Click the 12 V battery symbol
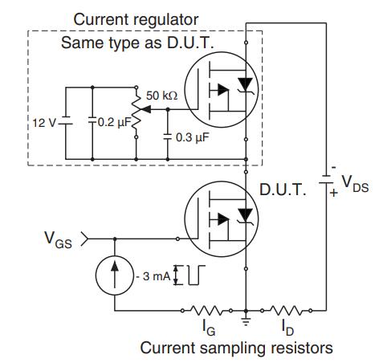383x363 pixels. click(x=66, y=120)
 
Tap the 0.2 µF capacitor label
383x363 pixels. click(x=115, y=122)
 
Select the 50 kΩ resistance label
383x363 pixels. click(x=161, y=96)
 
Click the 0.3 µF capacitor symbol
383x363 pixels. click(x=168, y=137)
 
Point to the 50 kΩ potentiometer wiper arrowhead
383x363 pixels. click(x=146, y=109)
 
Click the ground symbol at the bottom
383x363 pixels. click(x=246, y=321)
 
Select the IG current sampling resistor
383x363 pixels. click(x=206, y=311)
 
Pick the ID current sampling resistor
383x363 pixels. click(x=287, y=311)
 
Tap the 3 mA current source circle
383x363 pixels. click(x=115, y=275)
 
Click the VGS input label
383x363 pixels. click(x=59, y=240)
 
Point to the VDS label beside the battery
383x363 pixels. click(x=356, y=184)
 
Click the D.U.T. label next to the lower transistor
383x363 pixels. click(x=283, y=190)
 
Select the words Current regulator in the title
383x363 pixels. click(x=136, y=19)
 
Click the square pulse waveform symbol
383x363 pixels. click(x=197, y=275)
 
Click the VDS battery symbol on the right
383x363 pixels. click(x=326, y=180)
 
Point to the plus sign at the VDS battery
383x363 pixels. click(x=333, y=192)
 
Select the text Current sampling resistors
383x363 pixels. click(x=237, y=348)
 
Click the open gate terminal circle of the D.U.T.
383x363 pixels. click(x=177, y=239)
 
